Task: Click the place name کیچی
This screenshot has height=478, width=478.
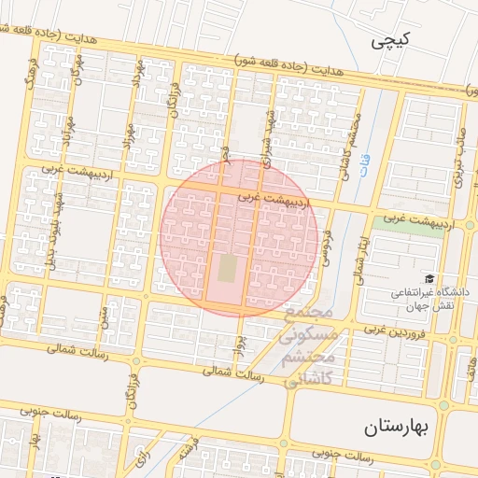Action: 389,40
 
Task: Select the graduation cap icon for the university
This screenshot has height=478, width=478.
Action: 429,278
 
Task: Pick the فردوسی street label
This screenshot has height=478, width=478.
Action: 328,250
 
